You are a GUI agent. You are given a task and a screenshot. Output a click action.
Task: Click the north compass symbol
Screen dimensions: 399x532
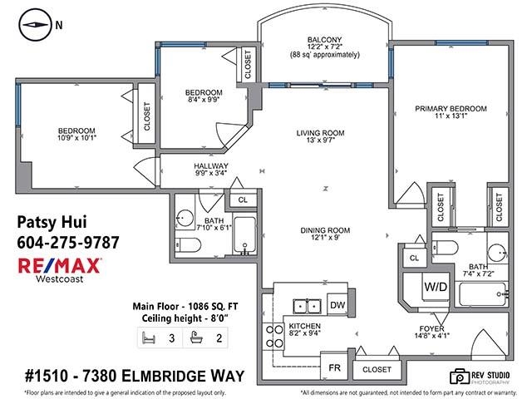pyautogui.click(x=32, y=24)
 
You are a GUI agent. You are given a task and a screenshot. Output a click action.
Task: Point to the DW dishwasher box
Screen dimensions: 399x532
pyautogui.click(x=337, y=305)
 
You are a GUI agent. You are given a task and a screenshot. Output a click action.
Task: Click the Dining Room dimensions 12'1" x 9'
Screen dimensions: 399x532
pyautogui.click(x=321, y=239)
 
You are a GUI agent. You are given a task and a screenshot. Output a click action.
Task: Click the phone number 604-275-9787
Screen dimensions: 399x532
pyautogui.click(x=68, y=242)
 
